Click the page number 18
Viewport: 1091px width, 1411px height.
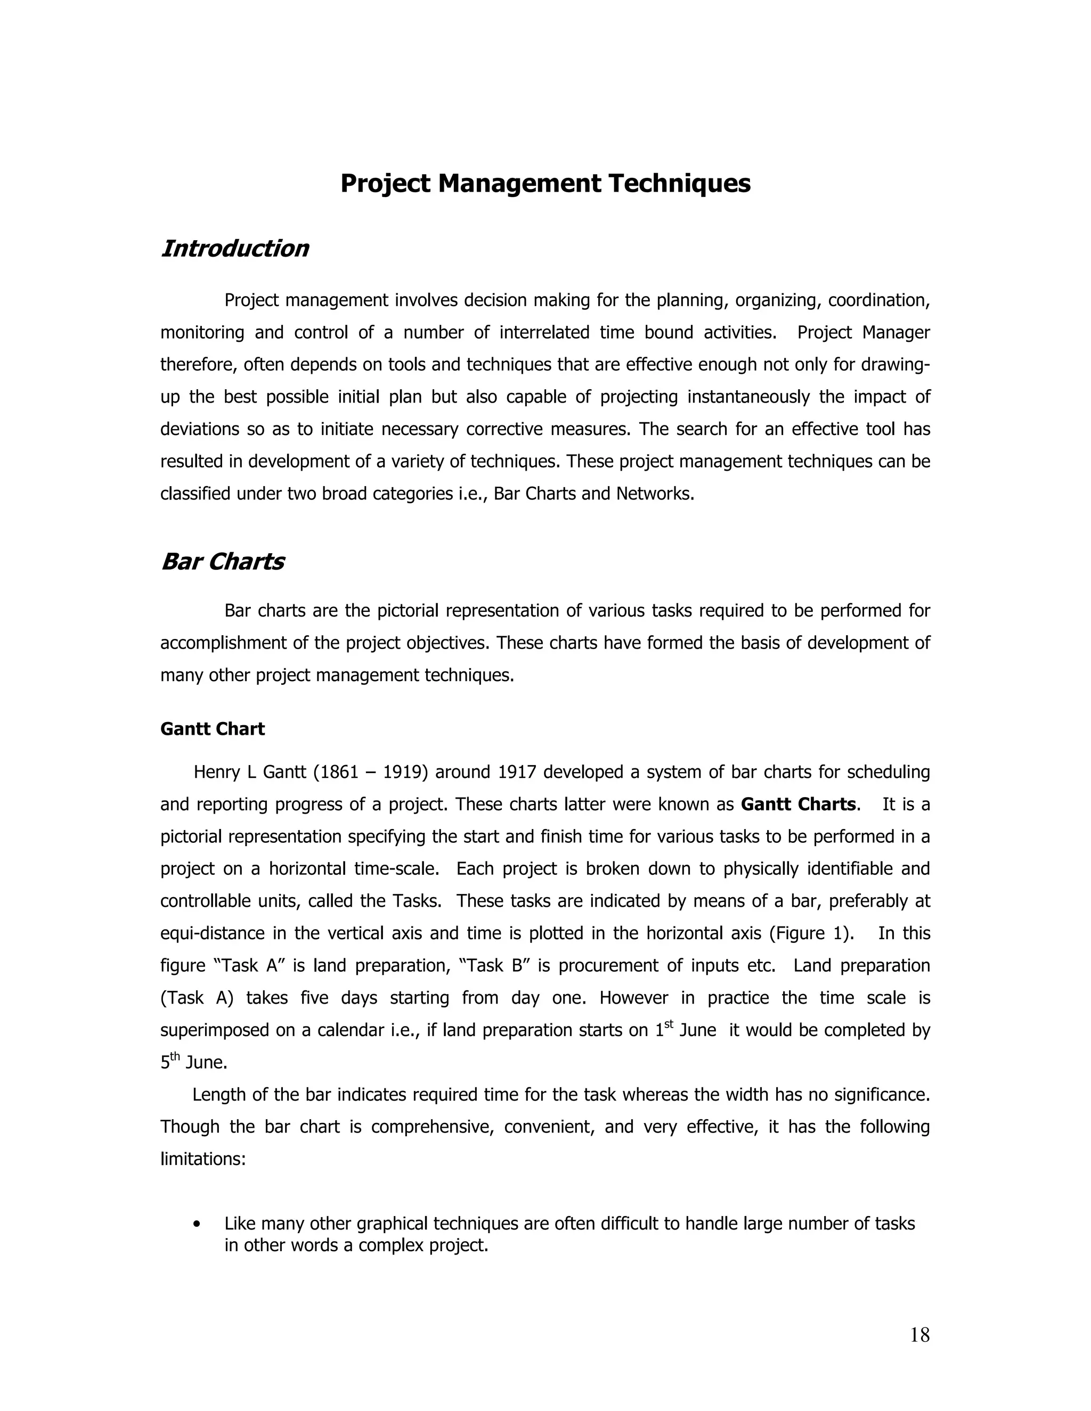919,1335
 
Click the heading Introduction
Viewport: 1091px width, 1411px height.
234,249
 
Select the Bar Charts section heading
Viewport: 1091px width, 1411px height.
222,561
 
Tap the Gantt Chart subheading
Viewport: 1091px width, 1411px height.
212,729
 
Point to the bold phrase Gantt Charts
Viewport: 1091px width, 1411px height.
798,805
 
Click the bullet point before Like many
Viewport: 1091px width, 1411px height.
197,1224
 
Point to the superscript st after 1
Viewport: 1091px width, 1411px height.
669,1023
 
